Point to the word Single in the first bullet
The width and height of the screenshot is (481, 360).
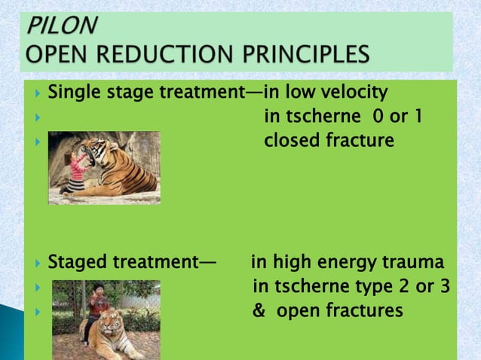pyautogui.click(x=72, y=93)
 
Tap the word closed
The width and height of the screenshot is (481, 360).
pyautogui.click(x=290, y=140)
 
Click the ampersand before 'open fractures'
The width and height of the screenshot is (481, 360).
pyautogui.click(x=258, y=310)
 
